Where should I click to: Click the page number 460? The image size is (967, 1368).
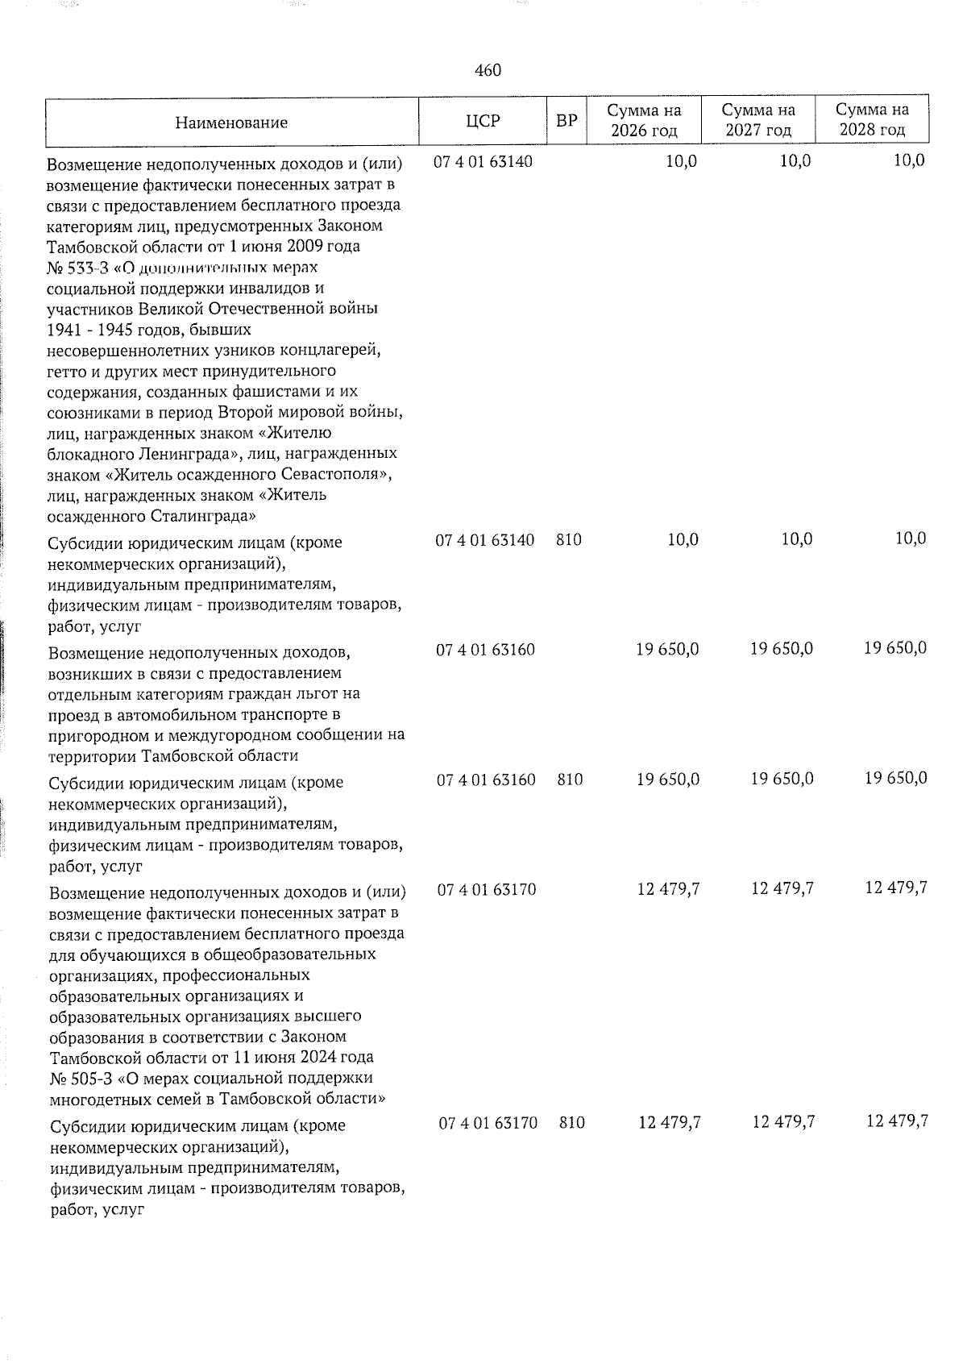tap(488, 71)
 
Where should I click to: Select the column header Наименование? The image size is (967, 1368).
tap(231, 123)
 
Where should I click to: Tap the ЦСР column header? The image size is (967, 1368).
tap(483, 121)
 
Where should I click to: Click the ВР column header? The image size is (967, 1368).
tap(567, 121)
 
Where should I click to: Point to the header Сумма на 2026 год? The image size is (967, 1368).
tap(644, 120)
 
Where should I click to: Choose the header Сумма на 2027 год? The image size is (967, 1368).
tap(757, 120)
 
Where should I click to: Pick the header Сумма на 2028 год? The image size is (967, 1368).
tap(871, 120)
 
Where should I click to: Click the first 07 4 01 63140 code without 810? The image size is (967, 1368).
tap(483, 161)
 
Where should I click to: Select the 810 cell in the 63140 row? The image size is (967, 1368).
tap(569, 540)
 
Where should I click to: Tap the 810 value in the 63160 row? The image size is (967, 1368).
tap(570, 780)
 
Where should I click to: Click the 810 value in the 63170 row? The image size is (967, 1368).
tap(571, 1122)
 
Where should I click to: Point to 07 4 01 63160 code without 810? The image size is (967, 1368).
tap(485, 650)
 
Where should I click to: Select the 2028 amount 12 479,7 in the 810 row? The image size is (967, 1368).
tap(897, 1121)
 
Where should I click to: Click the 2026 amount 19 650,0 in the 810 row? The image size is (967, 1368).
tap(668, 780)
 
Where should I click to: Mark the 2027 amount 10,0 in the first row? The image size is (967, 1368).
tap(796, 161)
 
